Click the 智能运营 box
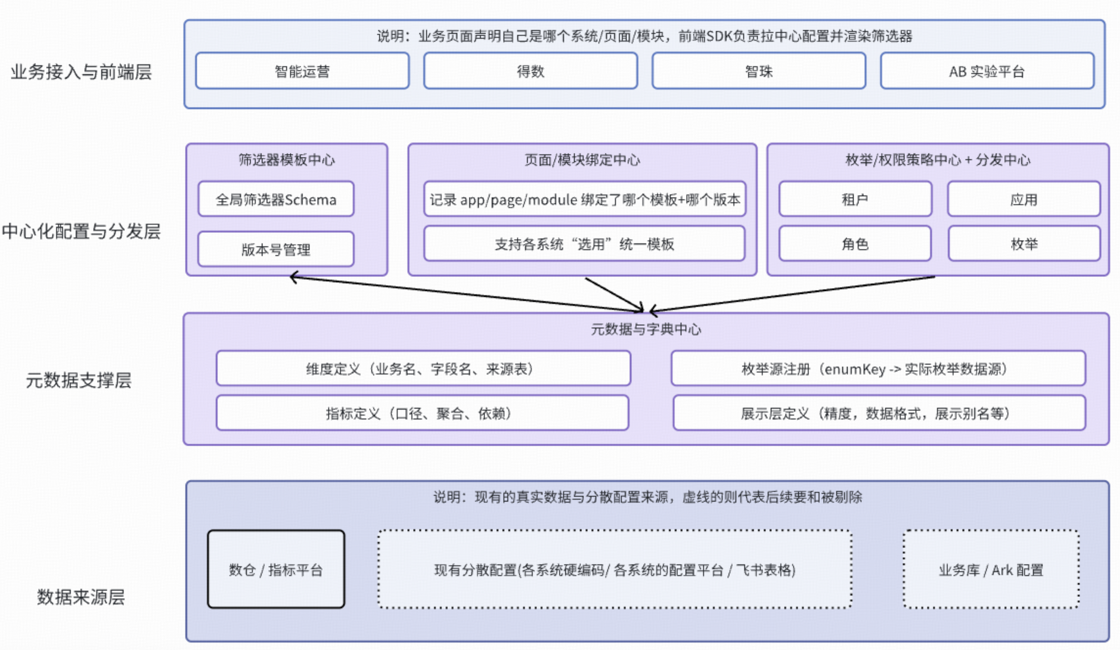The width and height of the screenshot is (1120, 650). click(302, 71)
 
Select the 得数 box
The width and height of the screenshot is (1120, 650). click(530, 71)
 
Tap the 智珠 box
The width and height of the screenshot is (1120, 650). click(759, 71)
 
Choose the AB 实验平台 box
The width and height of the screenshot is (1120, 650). click(987, 71)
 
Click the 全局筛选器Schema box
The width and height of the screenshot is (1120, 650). click(276, 199)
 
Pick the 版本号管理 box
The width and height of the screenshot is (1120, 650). click(276, 249)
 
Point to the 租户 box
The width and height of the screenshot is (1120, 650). click(855, 199)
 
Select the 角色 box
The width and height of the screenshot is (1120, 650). click(855, 244)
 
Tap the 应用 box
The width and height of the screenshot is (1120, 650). click(1024, 199)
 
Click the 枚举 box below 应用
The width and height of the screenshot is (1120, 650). click(1024, 244)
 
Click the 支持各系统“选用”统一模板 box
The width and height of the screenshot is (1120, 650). click(584, 244)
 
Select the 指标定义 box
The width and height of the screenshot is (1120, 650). click(422, 413)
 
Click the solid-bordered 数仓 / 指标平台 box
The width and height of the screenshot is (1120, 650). click(276, 569)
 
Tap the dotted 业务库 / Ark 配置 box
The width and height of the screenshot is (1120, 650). click(990, 569)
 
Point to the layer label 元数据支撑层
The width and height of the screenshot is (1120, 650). click(79, 380)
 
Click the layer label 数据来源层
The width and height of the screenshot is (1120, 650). click(81, 597)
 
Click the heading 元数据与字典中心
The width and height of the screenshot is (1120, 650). click(646, 329)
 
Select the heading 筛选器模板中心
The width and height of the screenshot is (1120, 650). click(287, 159)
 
